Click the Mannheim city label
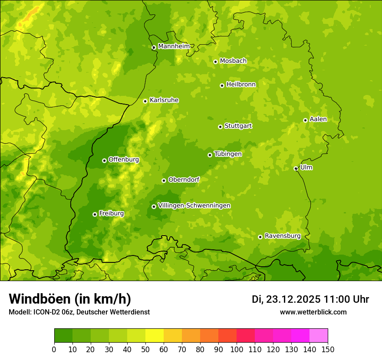(174, 46)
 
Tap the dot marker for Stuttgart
(220, 127)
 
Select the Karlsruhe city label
(164, 100)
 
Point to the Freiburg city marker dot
(95, 214)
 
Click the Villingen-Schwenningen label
(194, 206)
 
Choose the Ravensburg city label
(282, 236)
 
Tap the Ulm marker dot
(296, 168)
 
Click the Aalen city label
(318, 119)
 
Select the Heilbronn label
(241, 85)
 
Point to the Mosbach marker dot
(215, 62)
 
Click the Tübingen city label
(227, 154)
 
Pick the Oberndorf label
(184, 180)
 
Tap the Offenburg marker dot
(104, 160)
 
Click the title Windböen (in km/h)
(70, 299)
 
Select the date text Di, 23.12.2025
(286, 299)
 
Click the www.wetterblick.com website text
(313, 312)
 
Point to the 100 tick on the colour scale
(237, 349)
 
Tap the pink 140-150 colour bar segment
(319, 335)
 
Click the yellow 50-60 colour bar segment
(155, 335)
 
